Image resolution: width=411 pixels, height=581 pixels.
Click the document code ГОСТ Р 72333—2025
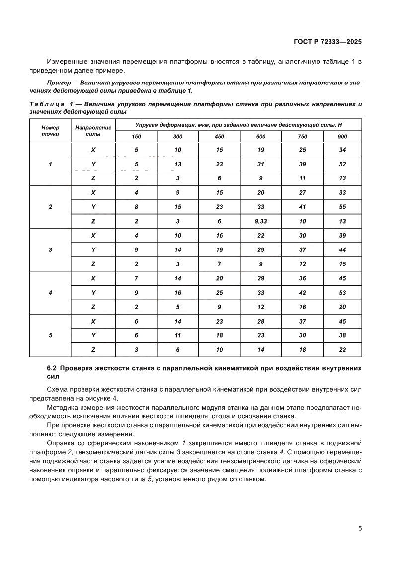pyautogui.click(x=327, y=42)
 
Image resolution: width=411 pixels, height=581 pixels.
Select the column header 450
pyautogui.click(x=219, y=137)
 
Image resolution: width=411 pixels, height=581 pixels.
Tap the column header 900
pyautogui.click(x=342, y=137)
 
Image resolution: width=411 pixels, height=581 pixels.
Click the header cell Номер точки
pyautogui.click(x=50, y=130)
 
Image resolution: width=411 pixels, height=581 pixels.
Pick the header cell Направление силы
pyautogui.click(x=93, y=130)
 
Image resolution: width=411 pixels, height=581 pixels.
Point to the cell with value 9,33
pyautogui.click(x=261, y=221)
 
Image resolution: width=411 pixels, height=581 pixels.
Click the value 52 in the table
pyautogui.click(x=342, y=164)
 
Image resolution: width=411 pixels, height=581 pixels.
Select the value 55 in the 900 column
pyautogui.click(x=342, y=207)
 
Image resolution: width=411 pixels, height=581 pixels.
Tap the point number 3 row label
pyautogui.click(x=50, y=249)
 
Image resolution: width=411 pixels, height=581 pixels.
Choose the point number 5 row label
pyautogui.click(x=50, y=335)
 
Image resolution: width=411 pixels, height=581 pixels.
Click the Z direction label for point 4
pyautogui.click(x=93, y=307)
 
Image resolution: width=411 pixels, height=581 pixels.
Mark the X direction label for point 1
pyautogui.click(x=93, y=150)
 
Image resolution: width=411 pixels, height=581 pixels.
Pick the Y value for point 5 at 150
pyautogui.click(x=136, y=335)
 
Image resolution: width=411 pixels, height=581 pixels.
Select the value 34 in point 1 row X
pyautogui.click(x=342, y=150)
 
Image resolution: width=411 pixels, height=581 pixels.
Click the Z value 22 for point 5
pyautogui.click(x=342, y=350)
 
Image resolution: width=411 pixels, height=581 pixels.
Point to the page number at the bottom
pyautogui.click(x=359, y=528)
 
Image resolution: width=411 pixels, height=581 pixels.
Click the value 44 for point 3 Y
pyautogui.click(x=342, y=249)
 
